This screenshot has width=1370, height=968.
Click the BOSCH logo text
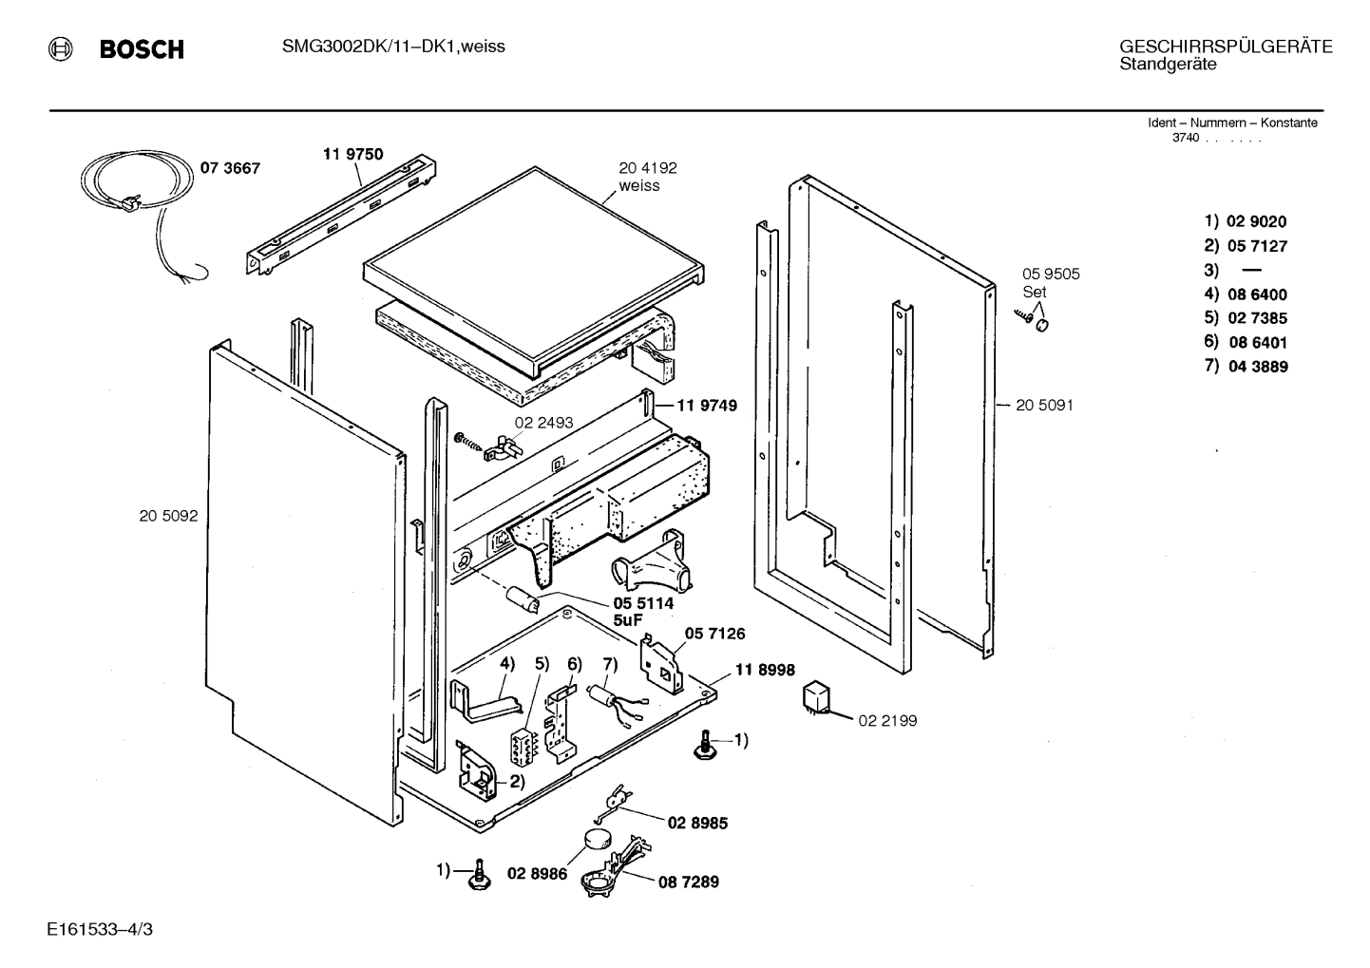click(142, 49)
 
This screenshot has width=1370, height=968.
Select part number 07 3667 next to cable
click(229, 168)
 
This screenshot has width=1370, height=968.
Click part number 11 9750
click(353, 154)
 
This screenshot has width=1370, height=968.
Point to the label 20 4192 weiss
click(648, 177)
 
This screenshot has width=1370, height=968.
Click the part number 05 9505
click(1050, 274)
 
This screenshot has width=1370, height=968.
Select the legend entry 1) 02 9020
click(1246, 221)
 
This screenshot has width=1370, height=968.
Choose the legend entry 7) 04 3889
click(1246, 367)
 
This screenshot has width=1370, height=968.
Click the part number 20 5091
click(1044, 405)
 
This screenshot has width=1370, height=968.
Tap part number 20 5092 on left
click(168, 516)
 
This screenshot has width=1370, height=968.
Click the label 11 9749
click(706, 406)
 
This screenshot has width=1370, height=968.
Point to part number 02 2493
click(543, 423)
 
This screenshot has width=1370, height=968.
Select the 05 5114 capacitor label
click(643, 603)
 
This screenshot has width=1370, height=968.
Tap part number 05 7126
click(715, 634)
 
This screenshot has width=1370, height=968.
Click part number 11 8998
click(765, 670)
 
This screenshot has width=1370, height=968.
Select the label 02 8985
click(697, 823)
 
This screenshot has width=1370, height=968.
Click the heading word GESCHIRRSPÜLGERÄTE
click(1226, 47)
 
